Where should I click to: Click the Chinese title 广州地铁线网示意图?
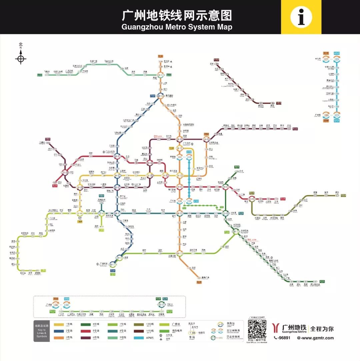coord(177,15)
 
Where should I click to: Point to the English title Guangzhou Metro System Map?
coord(177,27)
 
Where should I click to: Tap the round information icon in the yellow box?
coord(301,17)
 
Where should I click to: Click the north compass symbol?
coord(21,59)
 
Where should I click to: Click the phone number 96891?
coord(283,338)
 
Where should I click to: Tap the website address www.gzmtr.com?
coord(317,338)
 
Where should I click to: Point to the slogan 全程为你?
coord(322,329)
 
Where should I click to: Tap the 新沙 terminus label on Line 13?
coord(337,192)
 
